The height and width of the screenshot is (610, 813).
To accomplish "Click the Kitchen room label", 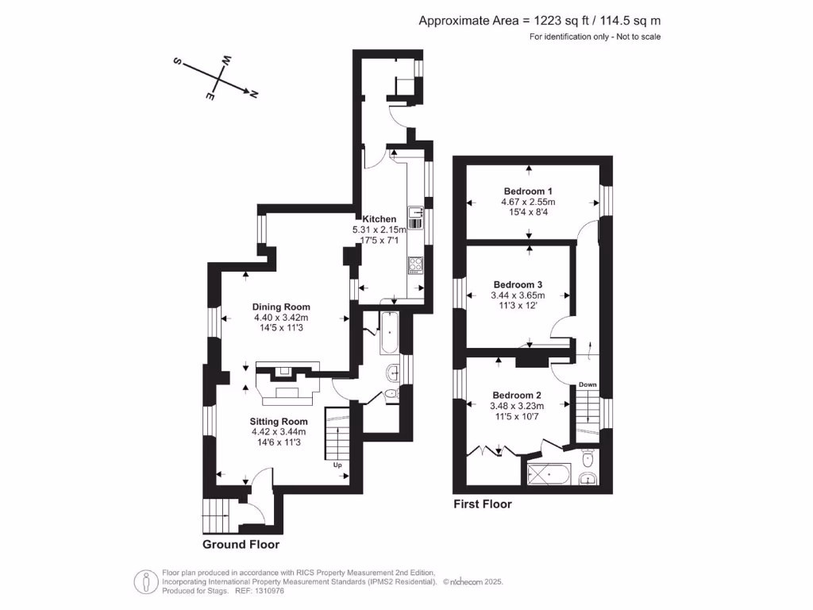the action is (x=379, y=219).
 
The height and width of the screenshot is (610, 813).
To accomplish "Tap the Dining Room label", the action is (x=281, y=307).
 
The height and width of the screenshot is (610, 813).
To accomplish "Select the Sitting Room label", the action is (x=279, y=421).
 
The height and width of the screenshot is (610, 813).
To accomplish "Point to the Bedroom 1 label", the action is (x=528, y=191).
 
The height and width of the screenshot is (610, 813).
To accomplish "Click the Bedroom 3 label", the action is (x=518, y=284).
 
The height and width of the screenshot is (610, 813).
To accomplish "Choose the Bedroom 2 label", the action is (x=516, y=395).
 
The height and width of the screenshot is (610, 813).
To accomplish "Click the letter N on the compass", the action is (x=253, y=95).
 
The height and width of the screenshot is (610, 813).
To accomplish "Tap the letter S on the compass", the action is (x=177, y=61).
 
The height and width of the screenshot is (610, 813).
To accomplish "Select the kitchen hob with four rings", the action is (x=415, y=265).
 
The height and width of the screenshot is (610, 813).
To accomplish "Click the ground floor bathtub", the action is (x=389, y=333).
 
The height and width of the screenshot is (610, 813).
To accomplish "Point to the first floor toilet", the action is (x=588, y=458).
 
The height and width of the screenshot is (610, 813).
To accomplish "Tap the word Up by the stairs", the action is (x=337, y=465).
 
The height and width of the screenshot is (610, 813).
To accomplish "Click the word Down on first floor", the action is (x=588, y=384).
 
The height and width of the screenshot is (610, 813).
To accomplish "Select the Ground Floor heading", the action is (x=241, y=544).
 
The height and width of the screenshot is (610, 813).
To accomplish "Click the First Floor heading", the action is (x=482, y=504).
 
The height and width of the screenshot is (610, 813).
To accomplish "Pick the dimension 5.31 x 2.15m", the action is (x=379, y=230).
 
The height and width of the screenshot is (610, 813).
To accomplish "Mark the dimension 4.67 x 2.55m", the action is (x=528, y=201).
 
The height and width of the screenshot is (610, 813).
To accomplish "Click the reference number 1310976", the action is (x=267, y=591).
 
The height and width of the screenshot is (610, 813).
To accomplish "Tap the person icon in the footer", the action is (x=146, y=582).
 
